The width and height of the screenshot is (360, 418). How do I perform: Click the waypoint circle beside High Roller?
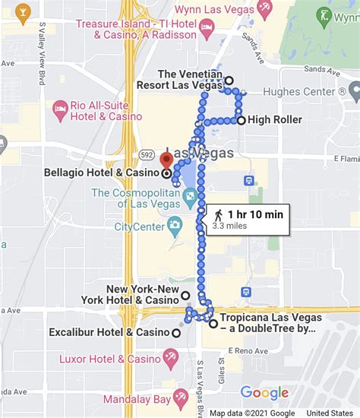tap(241, 120)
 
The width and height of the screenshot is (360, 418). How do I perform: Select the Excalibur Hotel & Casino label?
tap(109, 333)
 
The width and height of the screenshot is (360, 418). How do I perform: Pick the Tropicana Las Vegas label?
tap(267, 323)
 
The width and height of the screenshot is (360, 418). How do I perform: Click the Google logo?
tap(264, 393)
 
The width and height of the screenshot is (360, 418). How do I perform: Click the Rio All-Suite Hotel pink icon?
tap(60, 111)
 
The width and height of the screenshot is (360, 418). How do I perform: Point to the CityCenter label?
tap(140, 226)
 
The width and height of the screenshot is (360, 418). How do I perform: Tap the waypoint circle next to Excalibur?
tap(176, 333)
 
